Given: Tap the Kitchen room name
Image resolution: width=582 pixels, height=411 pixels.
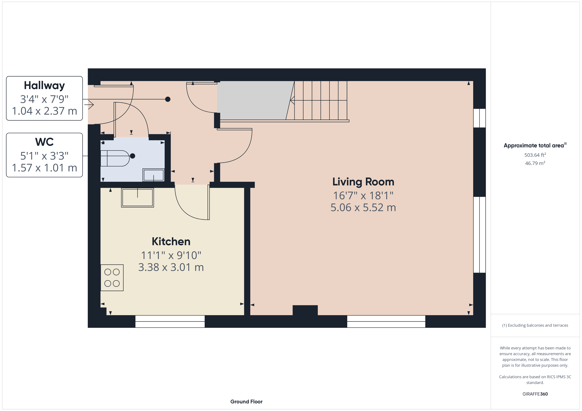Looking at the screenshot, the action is click(171, 241).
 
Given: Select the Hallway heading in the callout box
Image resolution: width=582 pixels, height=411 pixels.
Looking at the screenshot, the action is click(44, 85).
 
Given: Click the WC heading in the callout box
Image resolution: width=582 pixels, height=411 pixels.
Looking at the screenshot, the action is click(44, 142).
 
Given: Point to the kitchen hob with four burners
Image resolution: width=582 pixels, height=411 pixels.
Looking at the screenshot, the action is click(112, 278).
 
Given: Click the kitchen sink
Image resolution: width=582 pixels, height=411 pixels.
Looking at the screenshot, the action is click(137, 198).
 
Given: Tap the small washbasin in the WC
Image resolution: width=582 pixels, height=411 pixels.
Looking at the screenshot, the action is click(154, 175).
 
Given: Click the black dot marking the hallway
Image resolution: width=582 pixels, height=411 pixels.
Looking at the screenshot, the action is click(168, 99).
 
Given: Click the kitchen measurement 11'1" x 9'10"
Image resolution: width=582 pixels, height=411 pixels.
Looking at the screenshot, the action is click(171, 255).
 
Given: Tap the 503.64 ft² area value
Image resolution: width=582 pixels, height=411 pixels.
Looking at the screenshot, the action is click(535, 155).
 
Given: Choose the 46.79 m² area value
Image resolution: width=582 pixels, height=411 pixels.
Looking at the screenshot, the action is click(535, 163).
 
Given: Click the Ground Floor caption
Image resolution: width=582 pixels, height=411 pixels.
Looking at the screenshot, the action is click(246, 402).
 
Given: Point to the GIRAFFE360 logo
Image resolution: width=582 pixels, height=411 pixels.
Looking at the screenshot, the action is click(535, 394).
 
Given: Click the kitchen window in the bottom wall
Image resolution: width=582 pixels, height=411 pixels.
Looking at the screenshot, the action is click(170, 321).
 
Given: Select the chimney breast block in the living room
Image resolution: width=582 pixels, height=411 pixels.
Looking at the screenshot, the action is click(305, 310).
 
